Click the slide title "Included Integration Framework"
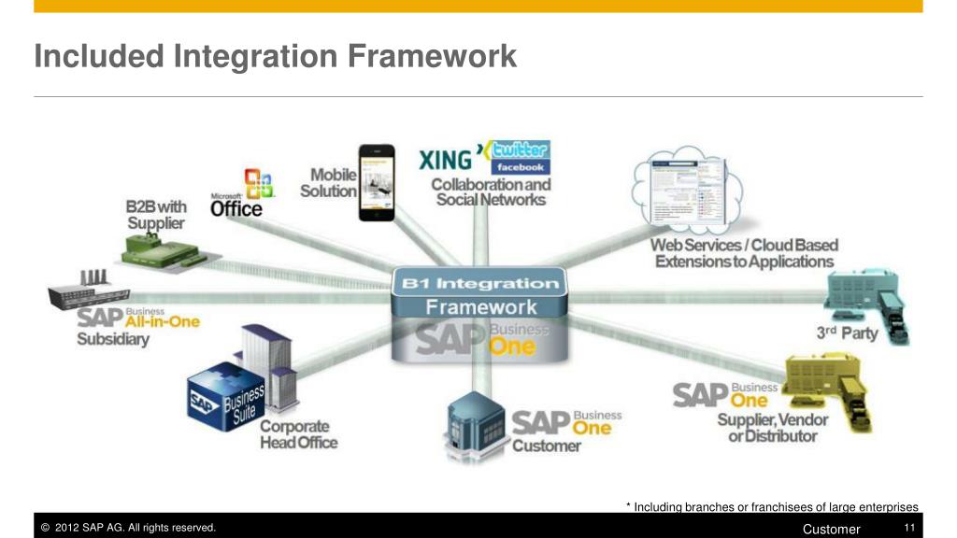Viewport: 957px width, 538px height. pos(275,56)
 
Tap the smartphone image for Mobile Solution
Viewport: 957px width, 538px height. pos(377,182)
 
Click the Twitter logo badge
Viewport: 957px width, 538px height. pos(521,149)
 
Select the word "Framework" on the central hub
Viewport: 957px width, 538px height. pos(481,306)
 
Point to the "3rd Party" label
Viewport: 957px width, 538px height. pos(848,333)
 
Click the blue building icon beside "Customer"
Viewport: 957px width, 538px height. pos(478,421)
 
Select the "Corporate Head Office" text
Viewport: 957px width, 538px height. pos(298,434)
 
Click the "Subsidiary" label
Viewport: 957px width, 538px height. pos(112,340)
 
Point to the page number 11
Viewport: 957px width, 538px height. pos(907,529)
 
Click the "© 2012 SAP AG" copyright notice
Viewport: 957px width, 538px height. pos(129,529)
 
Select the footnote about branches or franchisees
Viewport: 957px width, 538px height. pos(772,507)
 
